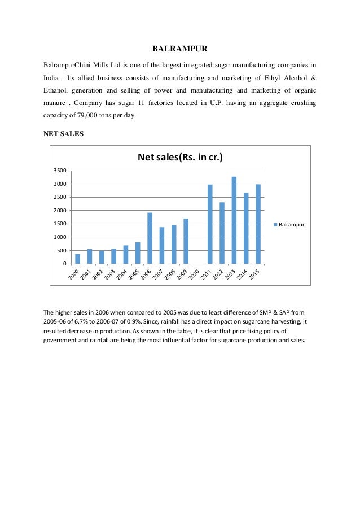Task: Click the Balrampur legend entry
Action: [289, 224]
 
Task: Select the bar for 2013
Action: [234, 220]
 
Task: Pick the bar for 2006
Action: [150, 238]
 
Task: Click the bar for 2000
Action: [77, 259]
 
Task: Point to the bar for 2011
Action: [210, 224]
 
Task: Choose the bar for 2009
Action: [186, 241]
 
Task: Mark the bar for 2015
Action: [258, 224]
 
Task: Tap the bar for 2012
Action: [222, 233]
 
